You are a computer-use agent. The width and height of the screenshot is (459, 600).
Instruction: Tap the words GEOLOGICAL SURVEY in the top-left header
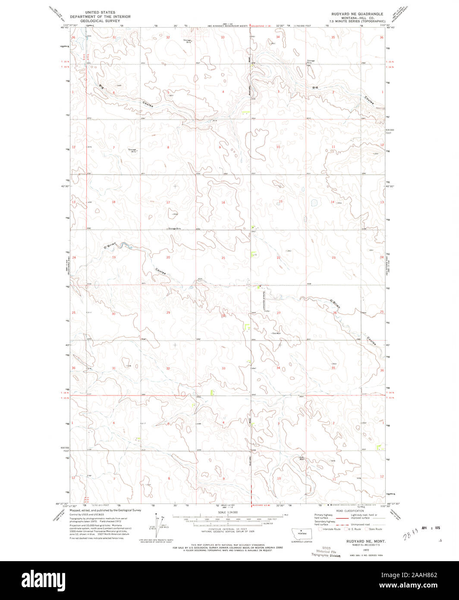click(x=100, y=20)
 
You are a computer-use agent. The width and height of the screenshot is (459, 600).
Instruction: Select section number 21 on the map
click(x=223, y=258)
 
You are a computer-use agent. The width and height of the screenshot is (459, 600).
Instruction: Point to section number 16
click(x=223, y=202)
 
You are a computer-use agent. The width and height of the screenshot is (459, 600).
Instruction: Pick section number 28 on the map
click(x=223, y=316)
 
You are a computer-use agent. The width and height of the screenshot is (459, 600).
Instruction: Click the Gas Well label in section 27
click(x=276, y=333)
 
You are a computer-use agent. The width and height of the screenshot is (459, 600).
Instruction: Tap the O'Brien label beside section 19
click(x=110, y=246)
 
